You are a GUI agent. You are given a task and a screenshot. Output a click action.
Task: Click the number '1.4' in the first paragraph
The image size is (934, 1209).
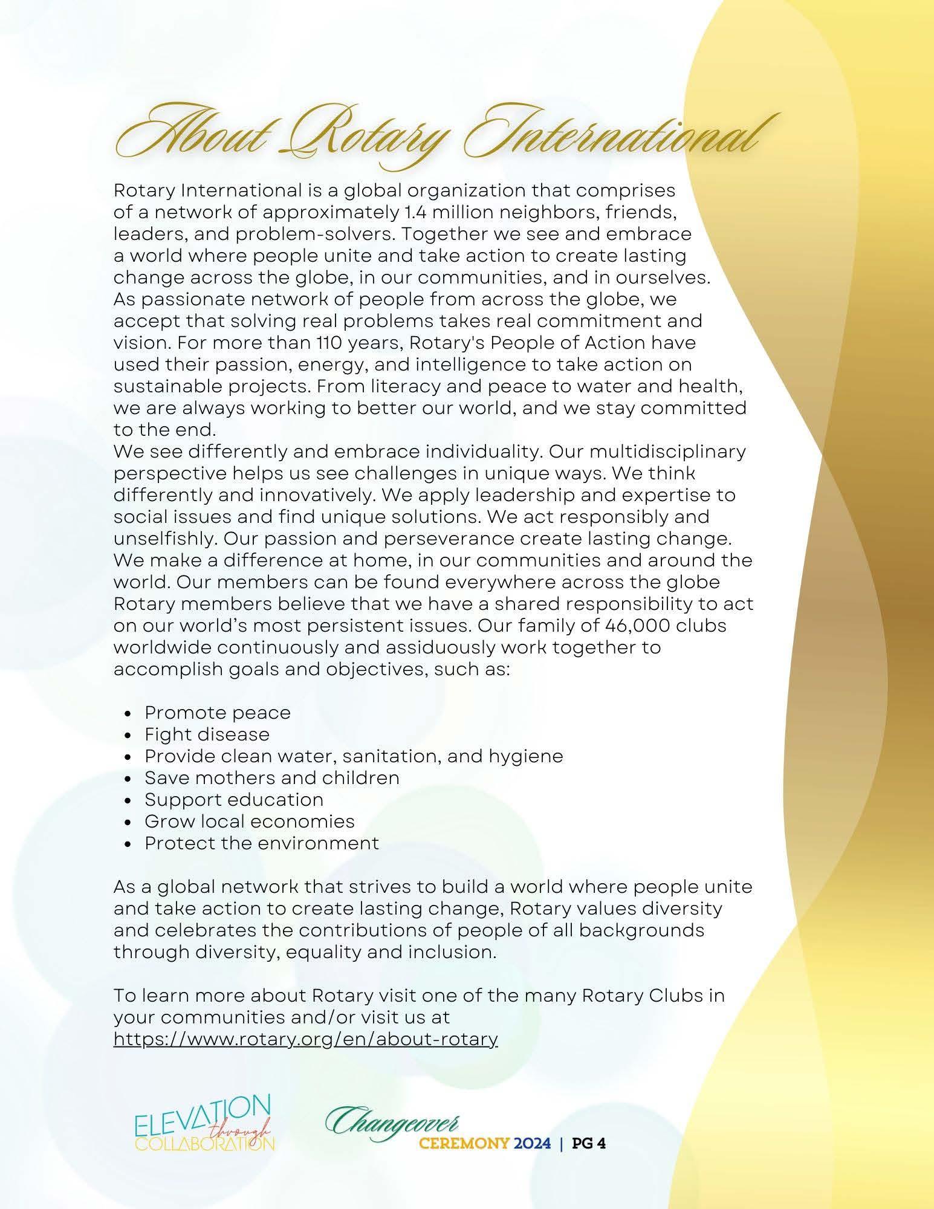point(412,212)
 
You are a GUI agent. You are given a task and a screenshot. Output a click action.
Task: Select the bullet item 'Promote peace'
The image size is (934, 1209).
point(218,713)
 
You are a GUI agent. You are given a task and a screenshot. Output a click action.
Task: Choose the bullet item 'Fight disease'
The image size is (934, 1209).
point(207,734)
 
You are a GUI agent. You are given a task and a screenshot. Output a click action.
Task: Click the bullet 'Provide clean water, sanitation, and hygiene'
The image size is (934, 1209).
point(354,756)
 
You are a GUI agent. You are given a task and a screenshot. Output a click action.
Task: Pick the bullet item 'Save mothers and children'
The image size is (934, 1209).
point(272,778)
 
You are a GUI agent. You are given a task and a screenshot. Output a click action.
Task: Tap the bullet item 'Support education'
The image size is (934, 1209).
point(234,800)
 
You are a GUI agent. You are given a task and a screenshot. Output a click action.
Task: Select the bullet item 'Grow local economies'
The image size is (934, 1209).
point(249,822)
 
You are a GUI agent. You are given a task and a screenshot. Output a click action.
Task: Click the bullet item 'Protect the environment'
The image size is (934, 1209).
point(262,843)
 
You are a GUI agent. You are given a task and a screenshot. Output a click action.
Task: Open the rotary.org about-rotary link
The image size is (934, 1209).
point(305,1039)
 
